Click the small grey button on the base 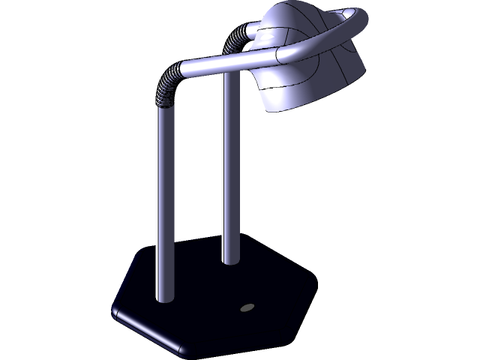[x=247, y=307]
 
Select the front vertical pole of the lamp [x=164, y=202]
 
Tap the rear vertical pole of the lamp [x=230, y=172]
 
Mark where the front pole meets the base [x=164, y=298]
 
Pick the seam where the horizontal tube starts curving [x=277, y=54]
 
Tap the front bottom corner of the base [x=181, y=349]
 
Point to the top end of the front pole [x=164, y=109]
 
